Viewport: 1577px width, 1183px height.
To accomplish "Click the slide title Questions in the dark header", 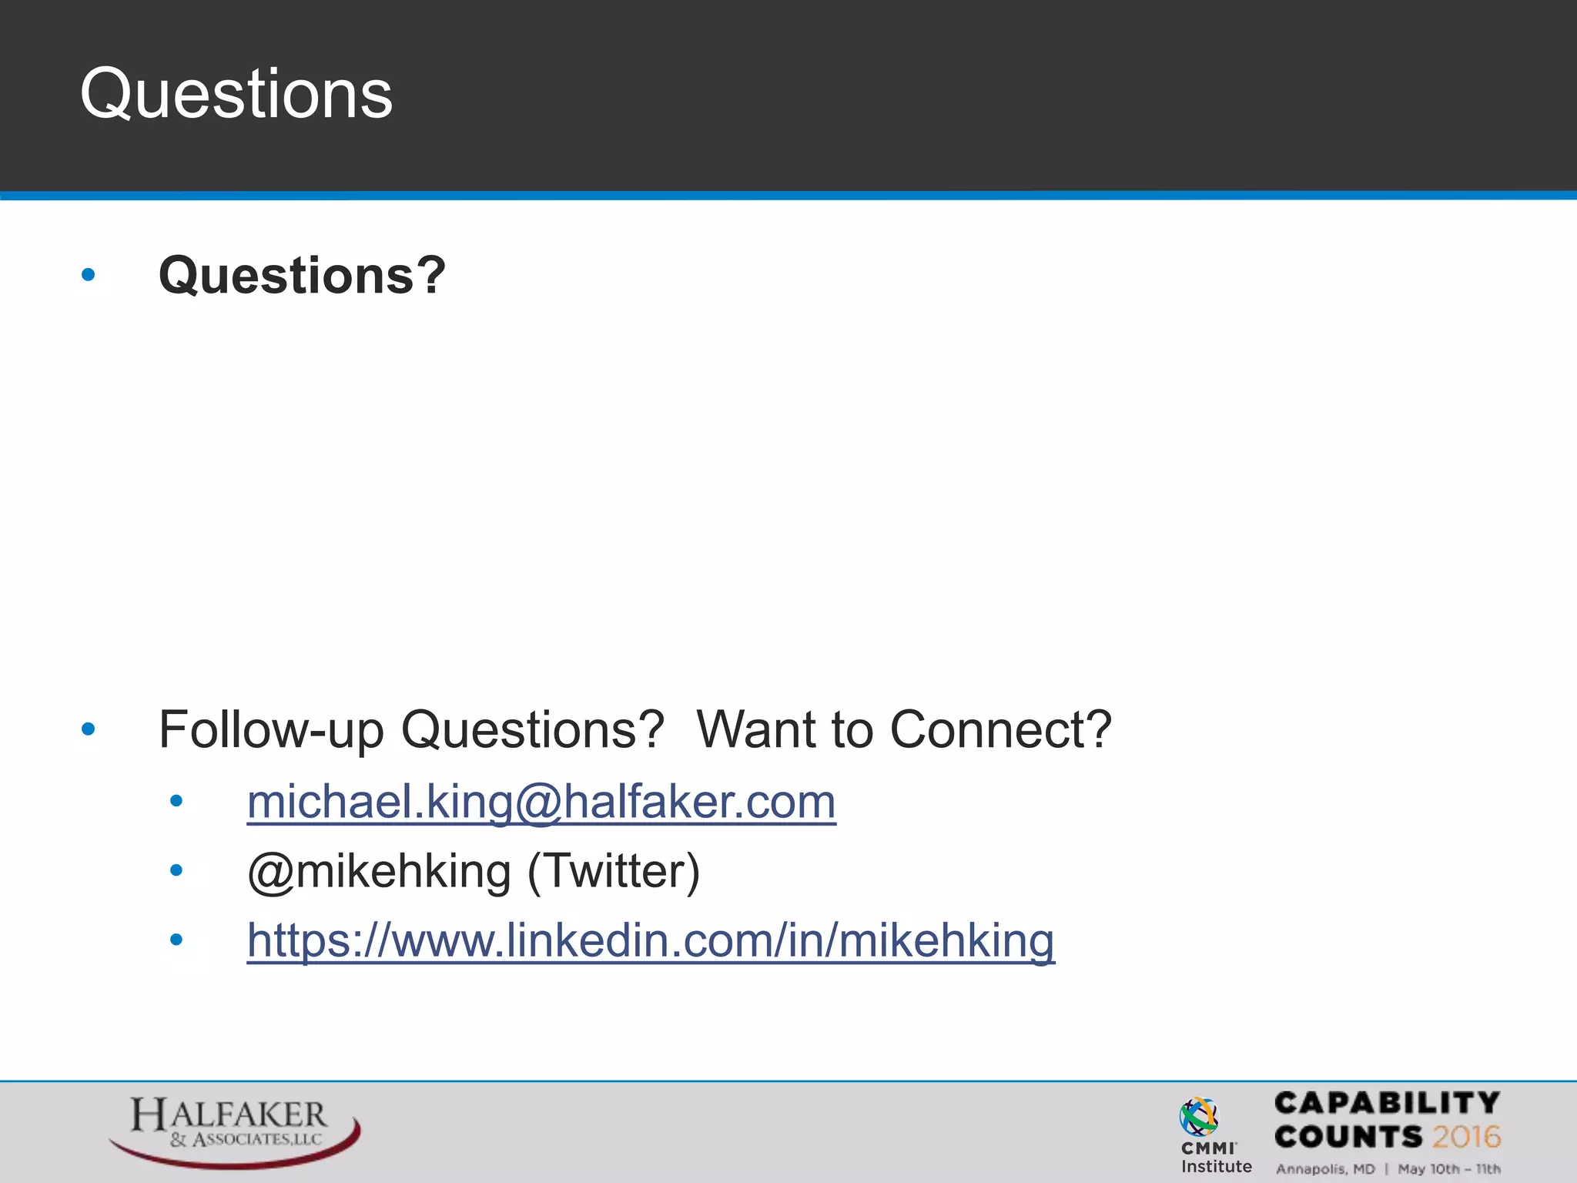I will tap(236, 94).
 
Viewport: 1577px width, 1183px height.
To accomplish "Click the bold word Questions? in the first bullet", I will tap(302, 276).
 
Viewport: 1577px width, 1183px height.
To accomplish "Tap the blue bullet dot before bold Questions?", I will tap(89, 274).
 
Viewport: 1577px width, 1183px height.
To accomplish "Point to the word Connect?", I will tap(1000, 729).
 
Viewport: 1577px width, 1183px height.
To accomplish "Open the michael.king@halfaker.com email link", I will tap(541, 803).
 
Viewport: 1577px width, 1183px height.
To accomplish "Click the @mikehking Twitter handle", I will tap(379, 872).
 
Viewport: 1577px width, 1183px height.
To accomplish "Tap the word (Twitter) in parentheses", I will tap(614, 872).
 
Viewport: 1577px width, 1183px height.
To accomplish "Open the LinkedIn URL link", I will tap(651, 941).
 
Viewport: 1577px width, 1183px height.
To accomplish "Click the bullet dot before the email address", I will tap(176, 802).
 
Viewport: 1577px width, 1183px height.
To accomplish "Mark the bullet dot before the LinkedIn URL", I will tap(176, 940).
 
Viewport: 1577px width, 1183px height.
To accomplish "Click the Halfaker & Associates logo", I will tap(233, 1129).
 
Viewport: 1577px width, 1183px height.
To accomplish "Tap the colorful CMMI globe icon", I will tap(1199, 1117).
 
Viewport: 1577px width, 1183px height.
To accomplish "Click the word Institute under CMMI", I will tap(1217, 1167).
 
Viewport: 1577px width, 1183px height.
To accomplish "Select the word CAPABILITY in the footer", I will tap(1387, 1103).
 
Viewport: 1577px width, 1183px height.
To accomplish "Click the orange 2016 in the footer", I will tap(1466, 1137).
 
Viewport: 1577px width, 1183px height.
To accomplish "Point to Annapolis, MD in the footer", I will tap(1325, 1169).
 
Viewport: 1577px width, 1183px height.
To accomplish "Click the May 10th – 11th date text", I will tap(1449, 1169).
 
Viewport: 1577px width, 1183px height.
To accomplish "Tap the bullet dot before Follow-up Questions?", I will tap(89, 729).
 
